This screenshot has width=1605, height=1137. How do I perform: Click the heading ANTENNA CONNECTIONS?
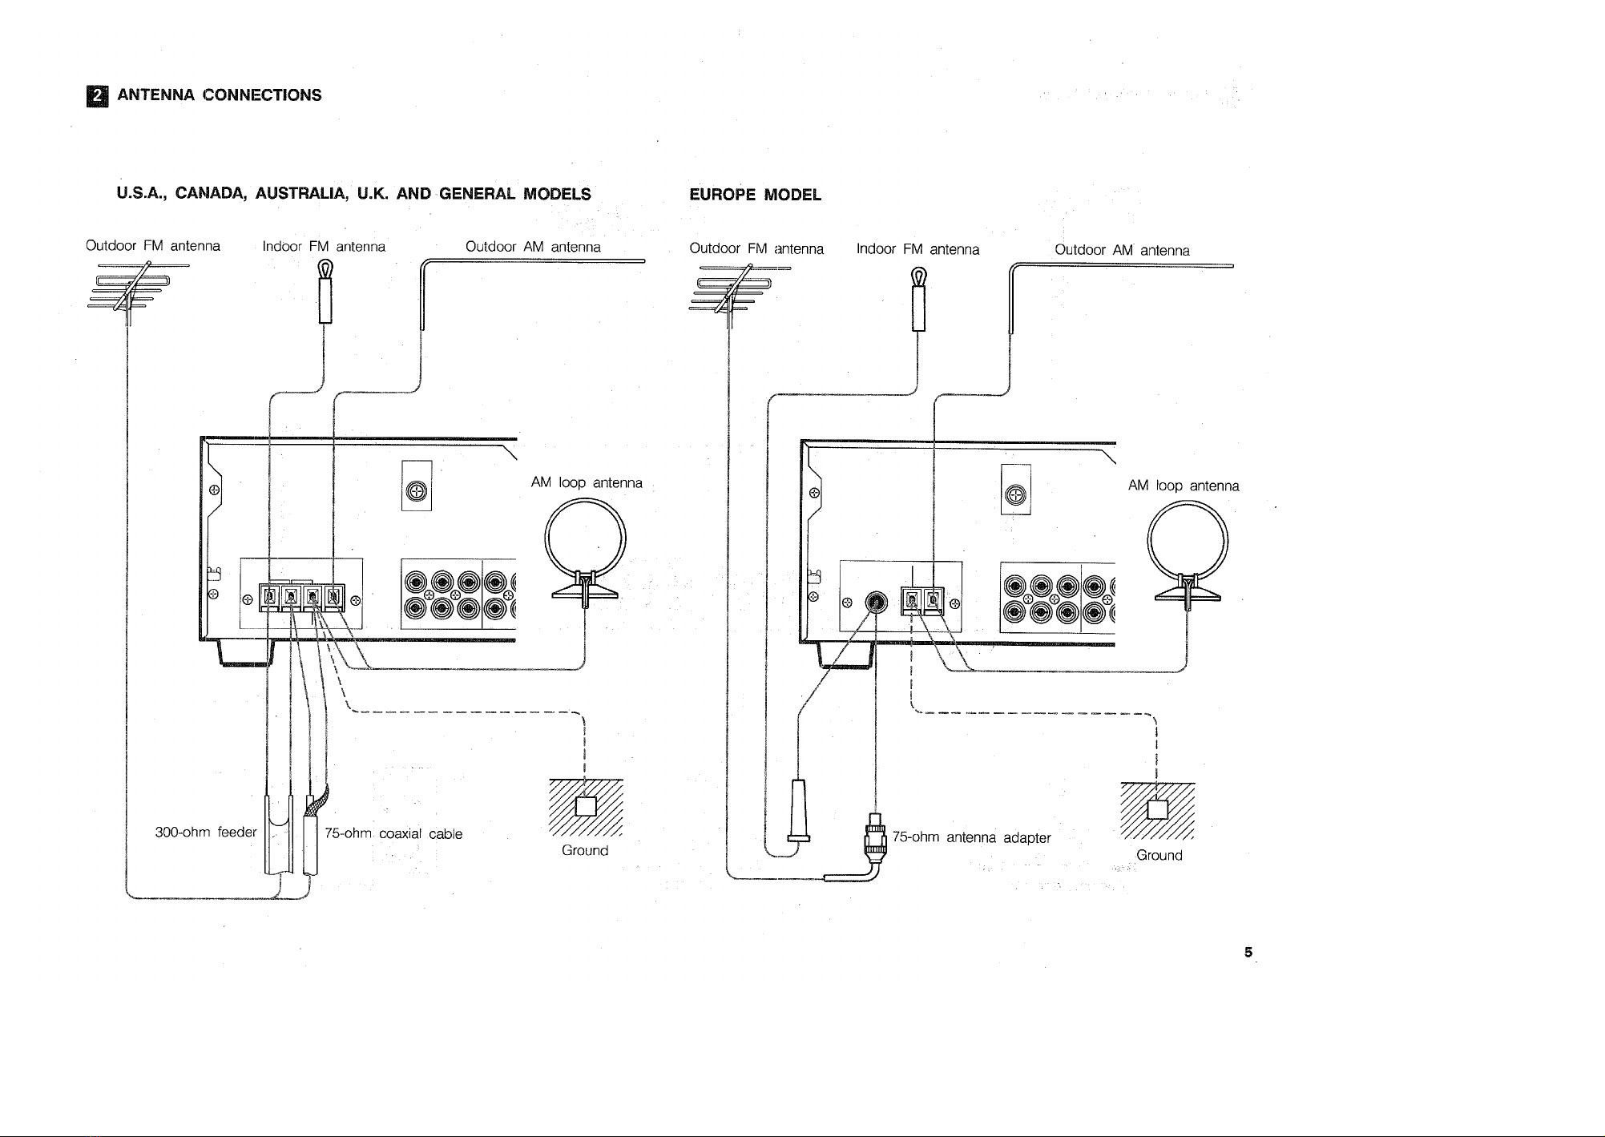click(x=220, y=95)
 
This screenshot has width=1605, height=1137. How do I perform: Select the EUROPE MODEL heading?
click(x=755, y=196)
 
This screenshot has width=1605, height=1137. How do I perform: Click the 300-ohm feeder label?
click(x=205, y=832)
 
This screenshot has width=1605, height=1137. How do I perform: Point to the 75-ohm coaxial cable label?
click(x=393, y=834)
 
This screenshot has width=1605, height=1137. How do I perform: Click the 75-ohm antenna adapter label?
click(x=971, y=838)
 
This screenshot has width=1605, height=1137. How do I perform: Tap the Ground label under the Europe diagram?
click(x=1159, y=855)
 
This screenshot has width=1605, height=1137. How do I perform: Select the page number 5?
click(x=1248, y=953)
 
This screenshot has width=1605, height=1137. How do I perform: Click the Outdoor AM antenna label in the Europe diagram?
click(x=1122, y=251)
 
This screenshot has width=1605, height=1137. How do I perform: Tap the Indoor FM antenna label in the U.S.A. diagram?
click(x=324, y=247)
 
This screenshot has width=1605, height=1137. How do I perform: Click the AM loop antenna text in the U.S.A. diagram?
click(x=587, y=483)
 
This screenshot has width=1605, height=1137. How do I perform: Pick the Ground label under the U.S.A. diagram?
click(x=585, y=850)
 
